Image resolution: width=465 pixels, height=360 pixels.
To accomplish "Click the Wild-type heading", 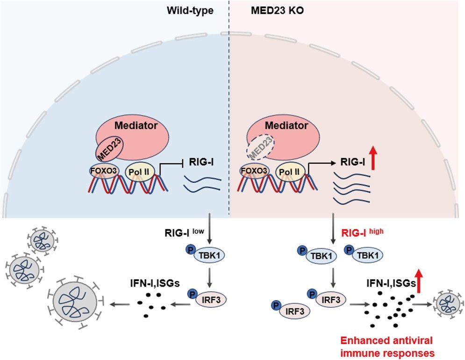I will pyautogui.click(x=190, y=10).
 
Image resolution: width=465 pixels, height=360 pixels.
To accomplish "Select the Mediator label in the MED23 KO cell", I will pyautogui.click(x=286, y=126).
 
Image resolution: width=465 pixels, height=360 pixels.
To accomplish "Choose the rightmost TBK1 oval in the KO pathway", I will pyautogui.click(x=365, y=255).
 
